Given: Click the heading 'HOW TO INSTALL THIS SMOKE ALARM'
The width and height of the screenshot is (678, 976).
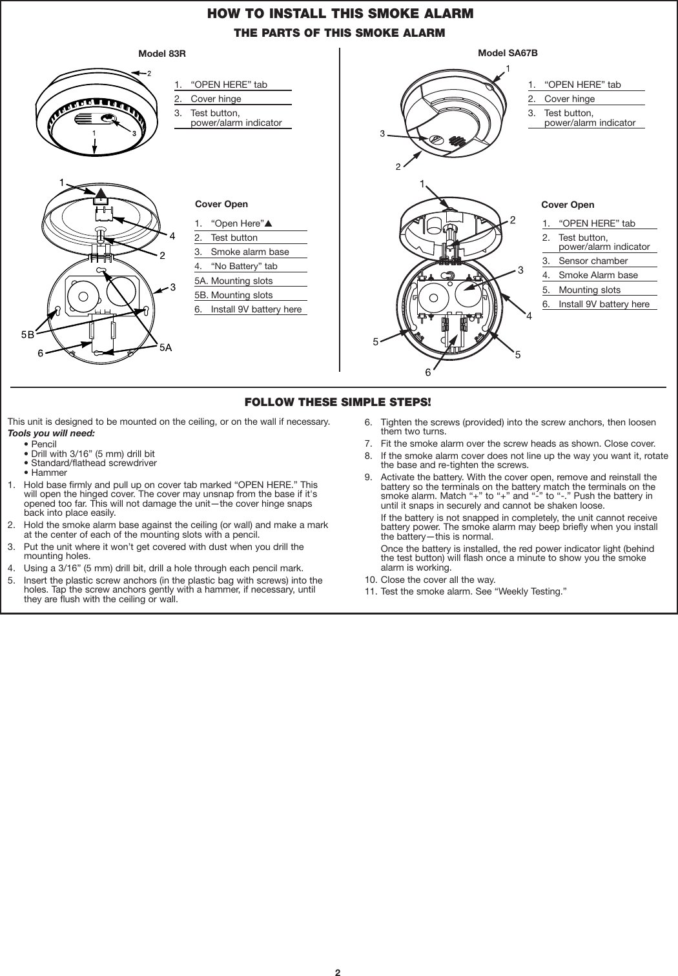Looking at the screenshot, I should click(x=340, y=13).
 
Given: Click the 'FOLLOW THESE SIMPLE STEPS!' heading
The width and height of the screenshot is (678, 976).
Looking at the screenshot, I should click(x=338, y=402).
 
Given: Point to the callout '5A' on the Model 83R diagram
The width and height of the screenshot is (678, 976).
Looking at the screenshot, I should click(x=166, y=348).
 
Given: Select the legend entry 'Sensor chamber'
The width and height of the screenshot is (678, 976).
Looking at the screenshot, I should click(x=593, y=261).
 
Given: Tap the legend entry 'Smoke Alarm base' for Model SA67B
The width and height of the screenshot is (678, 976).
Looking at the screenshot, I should click(x=598, y=275).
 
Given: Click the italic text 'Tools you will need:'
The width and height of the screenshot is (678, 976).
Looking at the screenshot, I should click(x=51, y=433).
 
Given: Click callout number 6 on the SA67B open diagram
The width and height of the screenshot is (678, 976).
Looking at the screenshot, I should click(x=427, y=372).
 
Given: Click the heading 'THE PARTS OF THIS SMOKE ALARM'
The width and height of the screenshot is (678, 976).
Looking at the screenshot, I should click(x=340, y=32).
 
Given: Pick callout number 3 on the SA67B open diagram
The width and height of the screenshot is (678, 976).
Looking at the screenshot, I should click(x=520, y=270).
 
